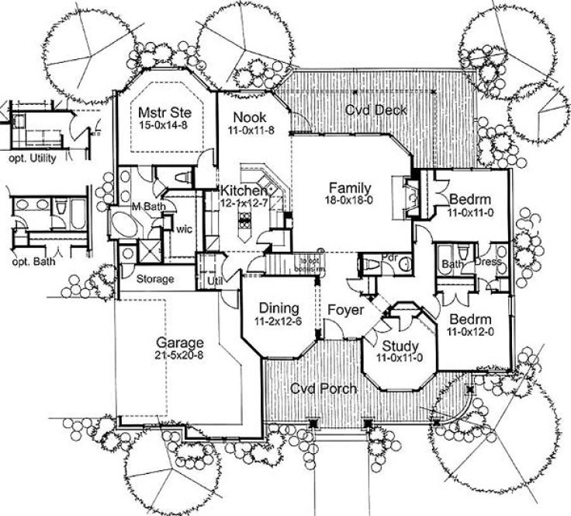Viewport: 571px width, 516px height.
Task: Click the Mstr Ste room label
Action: (x=164, y=113)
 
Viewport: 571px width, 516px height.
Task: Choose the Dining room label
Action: (x=275, y=306)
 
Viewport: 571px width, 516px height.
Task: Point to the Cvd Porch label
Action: (x=324, y=389)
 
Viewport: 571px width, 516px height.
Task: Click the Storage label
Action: (x=155, y=279)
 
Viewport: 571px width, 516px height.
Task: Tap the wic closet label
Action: (x=184, y=230)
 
